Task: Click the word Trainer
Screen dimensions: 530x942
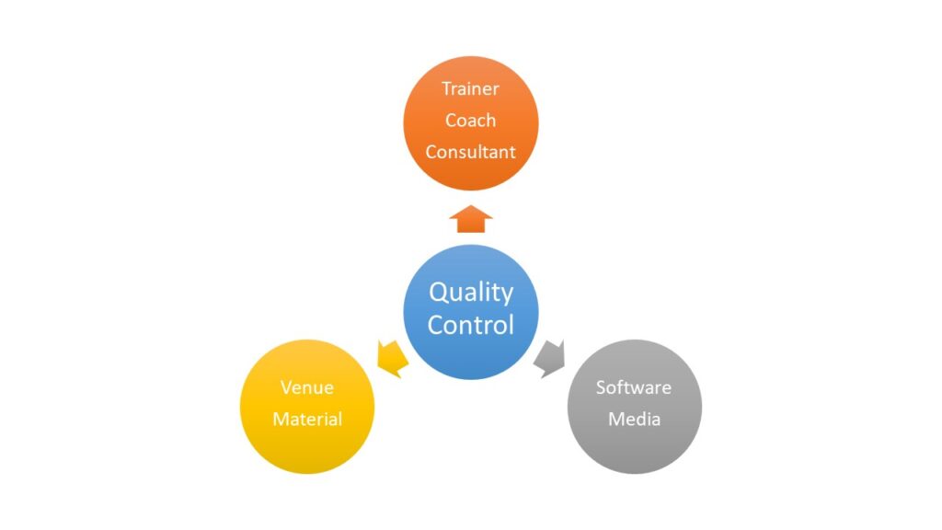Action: click(x=470, y=89)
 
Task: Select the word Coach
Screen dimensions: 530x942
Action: click(x=470, y=121)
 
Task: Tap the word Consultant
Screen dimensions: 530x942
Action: click(x=470, y=152)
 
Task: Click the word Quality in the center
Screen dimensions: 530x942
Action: click(x=471, y=294)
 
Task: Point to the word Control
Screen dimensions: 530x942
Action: click(x=471, y=325)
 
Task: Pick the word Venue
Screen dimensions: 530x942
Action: click(x=307, y=387)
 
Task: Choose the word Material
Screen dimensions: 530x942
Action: click(x=307, y=419)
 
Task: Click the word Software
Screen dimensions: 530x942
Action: click(x=634, y=387)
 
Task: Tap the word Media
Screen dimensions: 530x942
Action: click(x=634, y=419)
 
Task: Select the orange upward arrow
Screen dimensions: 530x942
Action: click(x=471, y=219)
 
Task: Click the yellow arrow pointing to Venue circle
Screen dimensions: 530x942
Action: click(x=393, y=357)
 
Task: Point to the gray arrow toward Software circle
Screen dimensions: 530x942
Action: click(x=550, y=357)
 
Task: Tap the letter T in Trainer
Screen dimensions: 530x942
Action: click(x=446, y=89)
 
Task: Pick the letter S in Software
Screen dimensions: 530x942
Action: click(x=601, y=387)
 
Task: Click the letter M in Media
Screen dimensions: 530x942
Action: click(x=616, y=419)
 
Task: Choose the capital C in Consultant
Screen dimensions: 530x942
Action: click(x=431, y=152)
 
